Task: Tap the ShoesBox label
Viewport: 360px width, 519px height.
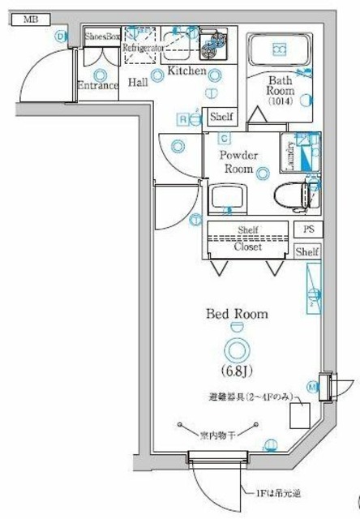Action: (102, 36)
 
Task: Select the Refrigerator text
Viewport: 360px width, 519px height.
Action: (144, 49)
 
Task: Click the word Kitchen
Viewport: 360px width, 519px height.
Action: (186, 71)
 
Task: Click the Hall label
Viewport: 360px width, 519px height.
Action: (137, 82)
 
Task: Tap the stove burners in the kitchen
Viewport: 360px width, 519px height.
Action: (213, 44)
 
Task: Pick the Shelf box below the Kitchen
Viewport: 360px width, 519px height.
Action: (221, 117)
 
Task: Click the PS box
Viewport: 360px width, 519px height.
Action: (308, 229)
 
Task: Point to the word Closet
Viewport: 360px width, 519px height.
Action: (247, 247)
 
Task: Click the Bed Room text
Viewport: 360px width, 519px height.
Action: (235, 312)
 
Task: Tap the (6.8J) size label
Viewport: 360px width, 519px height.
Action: (235, 371)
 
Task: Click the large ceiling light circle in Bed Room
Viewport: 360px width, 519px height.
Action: (236, 350)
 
